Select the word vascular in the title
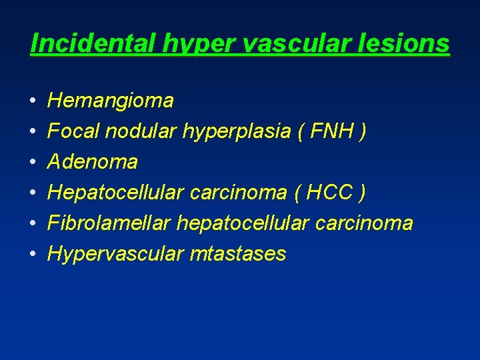[283, 44]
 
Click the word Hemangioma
[111, 101]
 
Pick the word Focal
[73, 132]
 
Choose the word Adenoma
[93, 162]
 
